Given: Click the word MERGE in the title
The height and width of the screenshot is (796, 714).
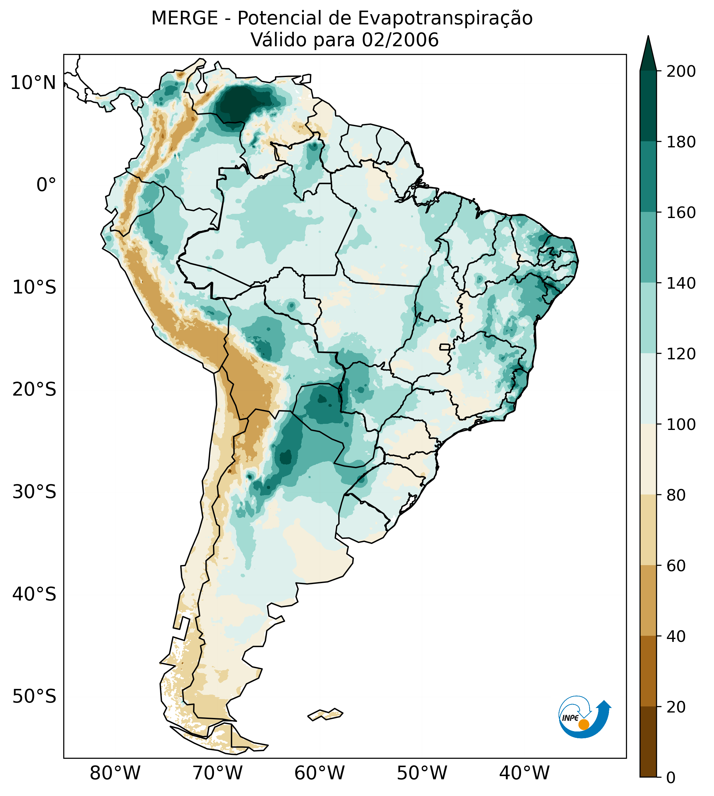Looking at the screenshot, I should tap(184, 18).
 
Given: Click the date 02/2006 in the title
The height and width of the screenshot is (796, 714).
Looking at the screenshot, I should tap(400, 40).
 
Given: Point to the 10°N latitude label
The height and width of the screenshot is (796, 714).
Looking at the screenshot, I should tap(33, 83).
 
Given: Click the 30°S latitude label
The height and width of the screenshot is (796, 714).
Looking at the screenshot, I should tap(34, 492).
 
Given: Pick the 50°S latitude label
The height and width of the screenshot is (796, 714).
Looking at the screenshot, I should tap(34, 697).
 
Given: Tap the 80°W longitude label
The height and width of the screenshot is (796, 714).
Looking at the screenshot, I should tap(115, 774).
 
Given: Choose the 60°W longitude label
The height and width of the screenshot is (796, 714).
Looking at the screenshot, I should tap(320, 774).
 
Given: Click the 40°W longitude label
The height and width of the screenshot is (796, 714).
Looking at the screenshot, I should tap(524, 774).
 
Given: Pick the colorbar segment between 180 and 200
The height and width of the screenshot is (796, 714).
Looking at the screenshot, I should tap(648, 106).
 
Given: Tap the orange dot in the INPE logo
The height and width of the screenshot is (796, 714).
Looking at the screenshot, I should tap(584, 724).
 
